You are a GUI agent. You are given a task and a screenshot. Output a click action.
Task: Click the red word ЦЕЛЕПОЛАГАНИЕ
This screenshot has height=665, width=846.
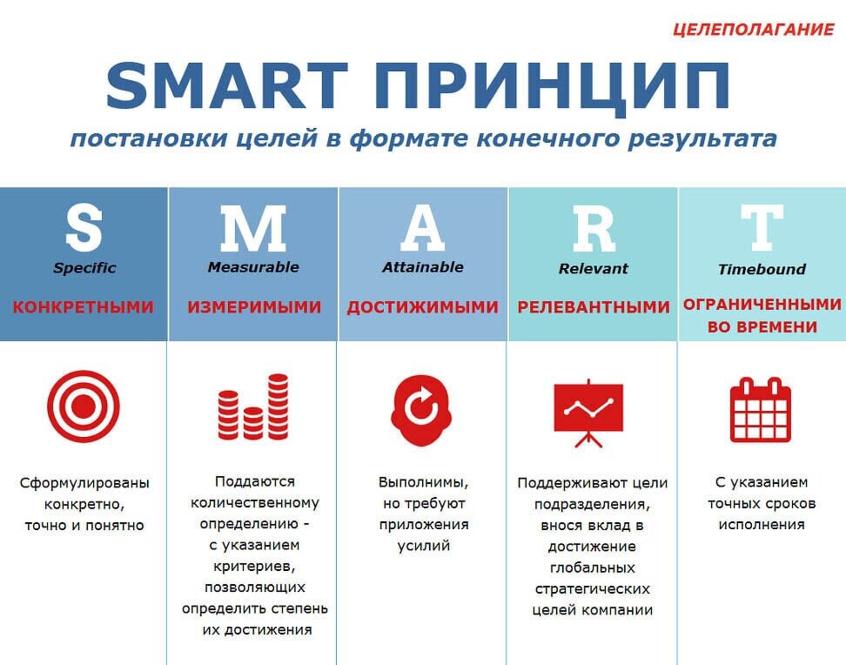[x=753, y=29]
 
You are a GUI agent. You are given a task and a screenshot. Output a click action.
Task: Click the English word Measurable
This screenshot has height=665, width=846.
[x=252, y=267]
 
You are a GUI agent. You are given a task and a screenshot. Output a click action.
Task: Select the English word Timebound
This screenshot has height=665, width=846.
[x=762, y=269]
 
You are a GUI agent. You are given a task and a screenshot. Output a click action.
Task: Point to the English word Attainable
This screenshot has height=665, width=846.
[x=422, y=267]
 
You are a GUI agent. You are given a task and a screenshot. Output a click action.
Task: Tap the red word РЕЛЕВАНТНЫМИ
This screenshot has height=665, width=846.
[x=594, y=307]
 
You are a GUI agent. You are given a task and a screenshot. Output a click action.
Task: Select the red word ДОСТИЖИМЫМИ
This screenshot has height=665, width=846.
[x=423, y=307]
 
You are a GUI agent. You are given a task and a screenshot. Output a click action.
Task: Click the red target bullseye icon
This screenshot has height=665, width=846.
[x=84, y=406]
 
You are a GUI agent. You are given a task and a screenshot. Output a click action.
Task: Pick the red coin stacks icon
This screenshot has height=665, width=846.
[x=252, y=406]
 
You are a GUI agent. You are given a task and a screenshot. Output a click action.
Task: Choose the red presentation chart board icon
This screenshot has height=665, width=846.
[x=589, y=412]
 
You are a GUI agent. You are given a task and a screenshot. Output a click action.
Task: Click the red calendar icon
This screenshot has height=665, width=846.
[x=761, y=409]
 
